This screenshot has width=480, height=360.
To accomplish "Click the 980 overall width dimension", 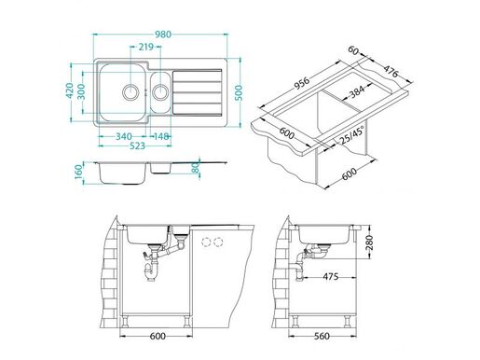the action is [x=163, y=35].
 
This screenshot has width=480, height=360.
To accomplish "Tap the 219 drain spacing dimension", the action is [x=146, y=47].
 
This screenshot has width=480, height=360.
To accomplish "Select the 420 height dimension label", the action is [x=70, y=90].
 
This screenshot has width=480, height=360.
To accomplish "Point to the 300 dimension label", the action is [x=81, y=91].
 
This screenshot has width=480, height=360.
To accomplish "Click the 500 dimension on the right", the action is [x=239, y=92].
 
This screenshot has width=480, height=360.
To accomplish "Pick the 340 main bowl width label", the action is [x=124, y=136].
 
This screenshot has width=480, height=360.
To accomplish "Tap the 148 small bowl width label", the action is [x=161, y=136].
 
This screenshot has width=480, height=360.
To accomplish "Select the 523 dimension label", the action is [x=137, y=145].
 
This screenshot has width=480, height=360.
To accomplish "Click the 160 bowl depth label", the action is [x=78, y=172].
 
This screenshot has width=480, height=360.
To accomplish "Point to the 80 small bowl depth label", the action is [x=196, y=169].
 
